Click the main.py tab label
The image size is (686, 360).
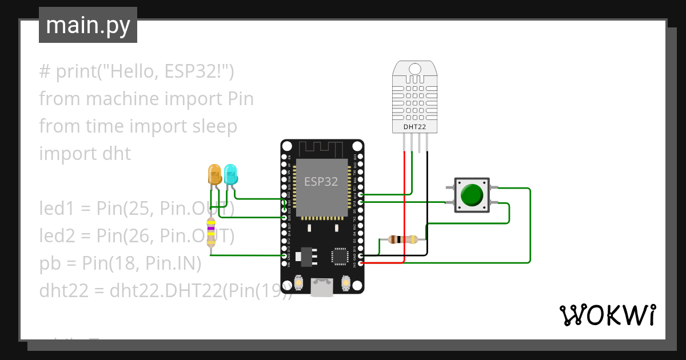(x=87, y=25)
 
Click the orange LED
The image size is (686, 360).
(x=215, y=174)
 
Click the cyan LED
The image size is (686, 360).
(x=230, y=174)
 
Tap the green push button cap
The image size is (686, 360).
(x=472, y=195)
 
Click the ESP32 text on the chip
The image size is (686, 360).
(x=321, y=182)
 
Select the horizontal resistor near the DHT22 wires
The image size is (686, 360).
(x=402, y=239)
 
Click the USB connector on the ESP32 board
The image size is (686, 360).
(x=322, y=287)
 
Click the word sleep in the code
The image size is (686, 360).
(x=212, y=126)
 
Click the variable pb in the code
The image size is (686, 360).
(x=50, y=263)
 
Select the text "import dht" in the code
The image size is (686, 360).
(x=85, y=154)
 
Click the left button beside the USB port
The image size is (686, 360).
(x=298, y=283)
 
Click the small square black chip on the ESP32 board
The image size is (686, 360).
(x=340, y=256)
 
